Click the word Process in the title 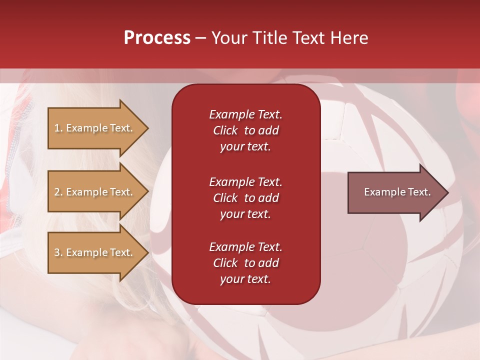tap(157, 38)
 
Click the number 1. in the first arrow tap(58, 128)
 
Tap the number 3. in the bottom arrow tap(58, 253)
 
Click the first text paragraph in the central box tap(245, 130)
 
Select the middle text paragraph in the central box tap(245, 198)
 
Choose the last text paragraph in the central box tap(245, 263)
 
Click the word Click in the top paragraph tap(225, 131)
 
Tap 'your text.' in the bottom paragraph tap(245, 279)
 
